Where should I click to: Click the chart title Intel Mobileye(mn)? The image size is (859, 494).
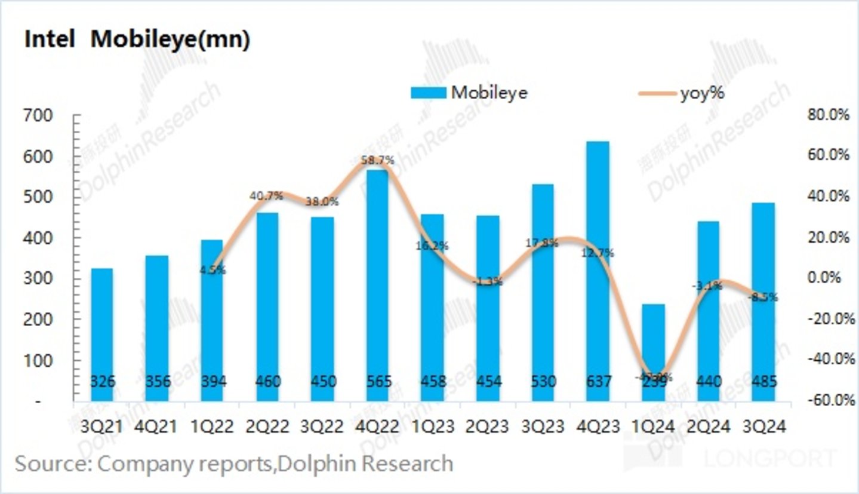(x=137, y=40)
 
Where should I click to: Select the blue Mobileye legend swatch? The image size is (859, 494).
(x=428, y=93)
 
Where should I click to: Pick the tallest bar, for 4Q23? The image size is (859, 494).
(x=598, y=269)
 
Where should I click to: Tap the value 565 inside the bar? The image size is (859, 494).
(x=377, y=381)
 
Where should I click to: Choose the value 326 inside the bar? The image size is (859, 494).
(x=103, y=381)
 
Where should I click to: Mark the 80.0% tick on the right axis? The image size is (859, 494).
(x=827, y=115)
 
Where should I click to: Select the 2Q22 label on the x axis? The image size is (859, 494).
(x=267, y=427)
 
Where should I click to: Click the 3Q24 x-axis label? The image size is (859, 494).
(x=763, y=427)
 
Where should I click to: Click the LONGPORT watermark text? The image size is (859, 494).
(x=770, y=459)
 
